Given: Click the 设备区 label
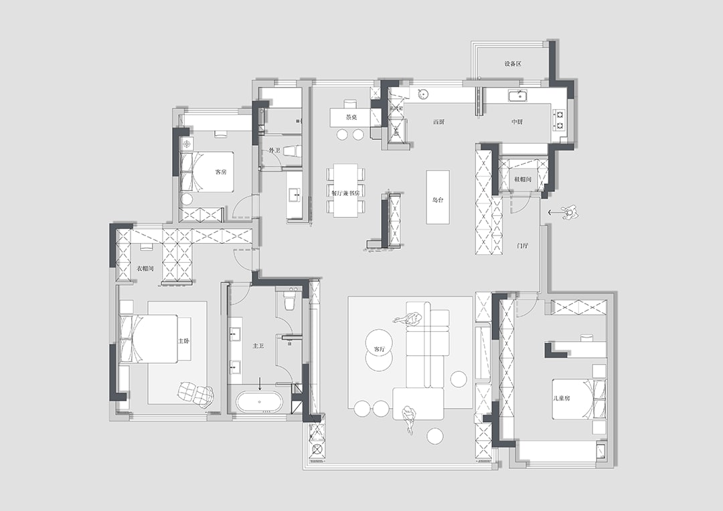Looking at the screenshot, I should click(513, 64).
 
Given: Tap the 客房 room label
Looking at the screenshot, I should click(220, 172).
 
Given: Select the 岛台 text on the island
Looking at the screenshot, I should click(438, 199).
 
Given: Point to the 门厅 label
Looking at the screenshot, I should click(523, 245).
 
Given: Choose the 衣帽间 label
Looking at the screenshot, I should click(145, 268).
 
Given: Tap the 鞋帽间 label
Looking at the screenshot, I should click(522, 179).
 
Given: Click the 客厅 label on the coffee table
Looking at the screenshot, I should click(379, 349).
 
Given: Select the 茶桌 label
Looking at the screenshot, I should click(351, 117).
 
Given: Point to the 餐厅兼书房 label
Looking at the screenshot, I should click(345, 193).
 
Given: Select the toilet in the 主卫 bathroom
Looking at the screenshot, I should click(290, 302).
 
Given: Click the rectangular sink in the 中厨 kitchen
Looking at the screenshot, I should click(517, 96).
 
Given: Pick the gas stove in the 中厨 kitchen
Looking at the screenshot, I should click(559, 120).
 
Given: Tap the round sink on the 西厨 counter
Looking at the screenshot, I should click(423, 94).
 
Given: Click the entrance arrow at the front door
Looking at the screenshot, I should click(552, 213).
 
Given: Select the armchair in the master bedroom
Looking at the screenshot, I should click(196, 393).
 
